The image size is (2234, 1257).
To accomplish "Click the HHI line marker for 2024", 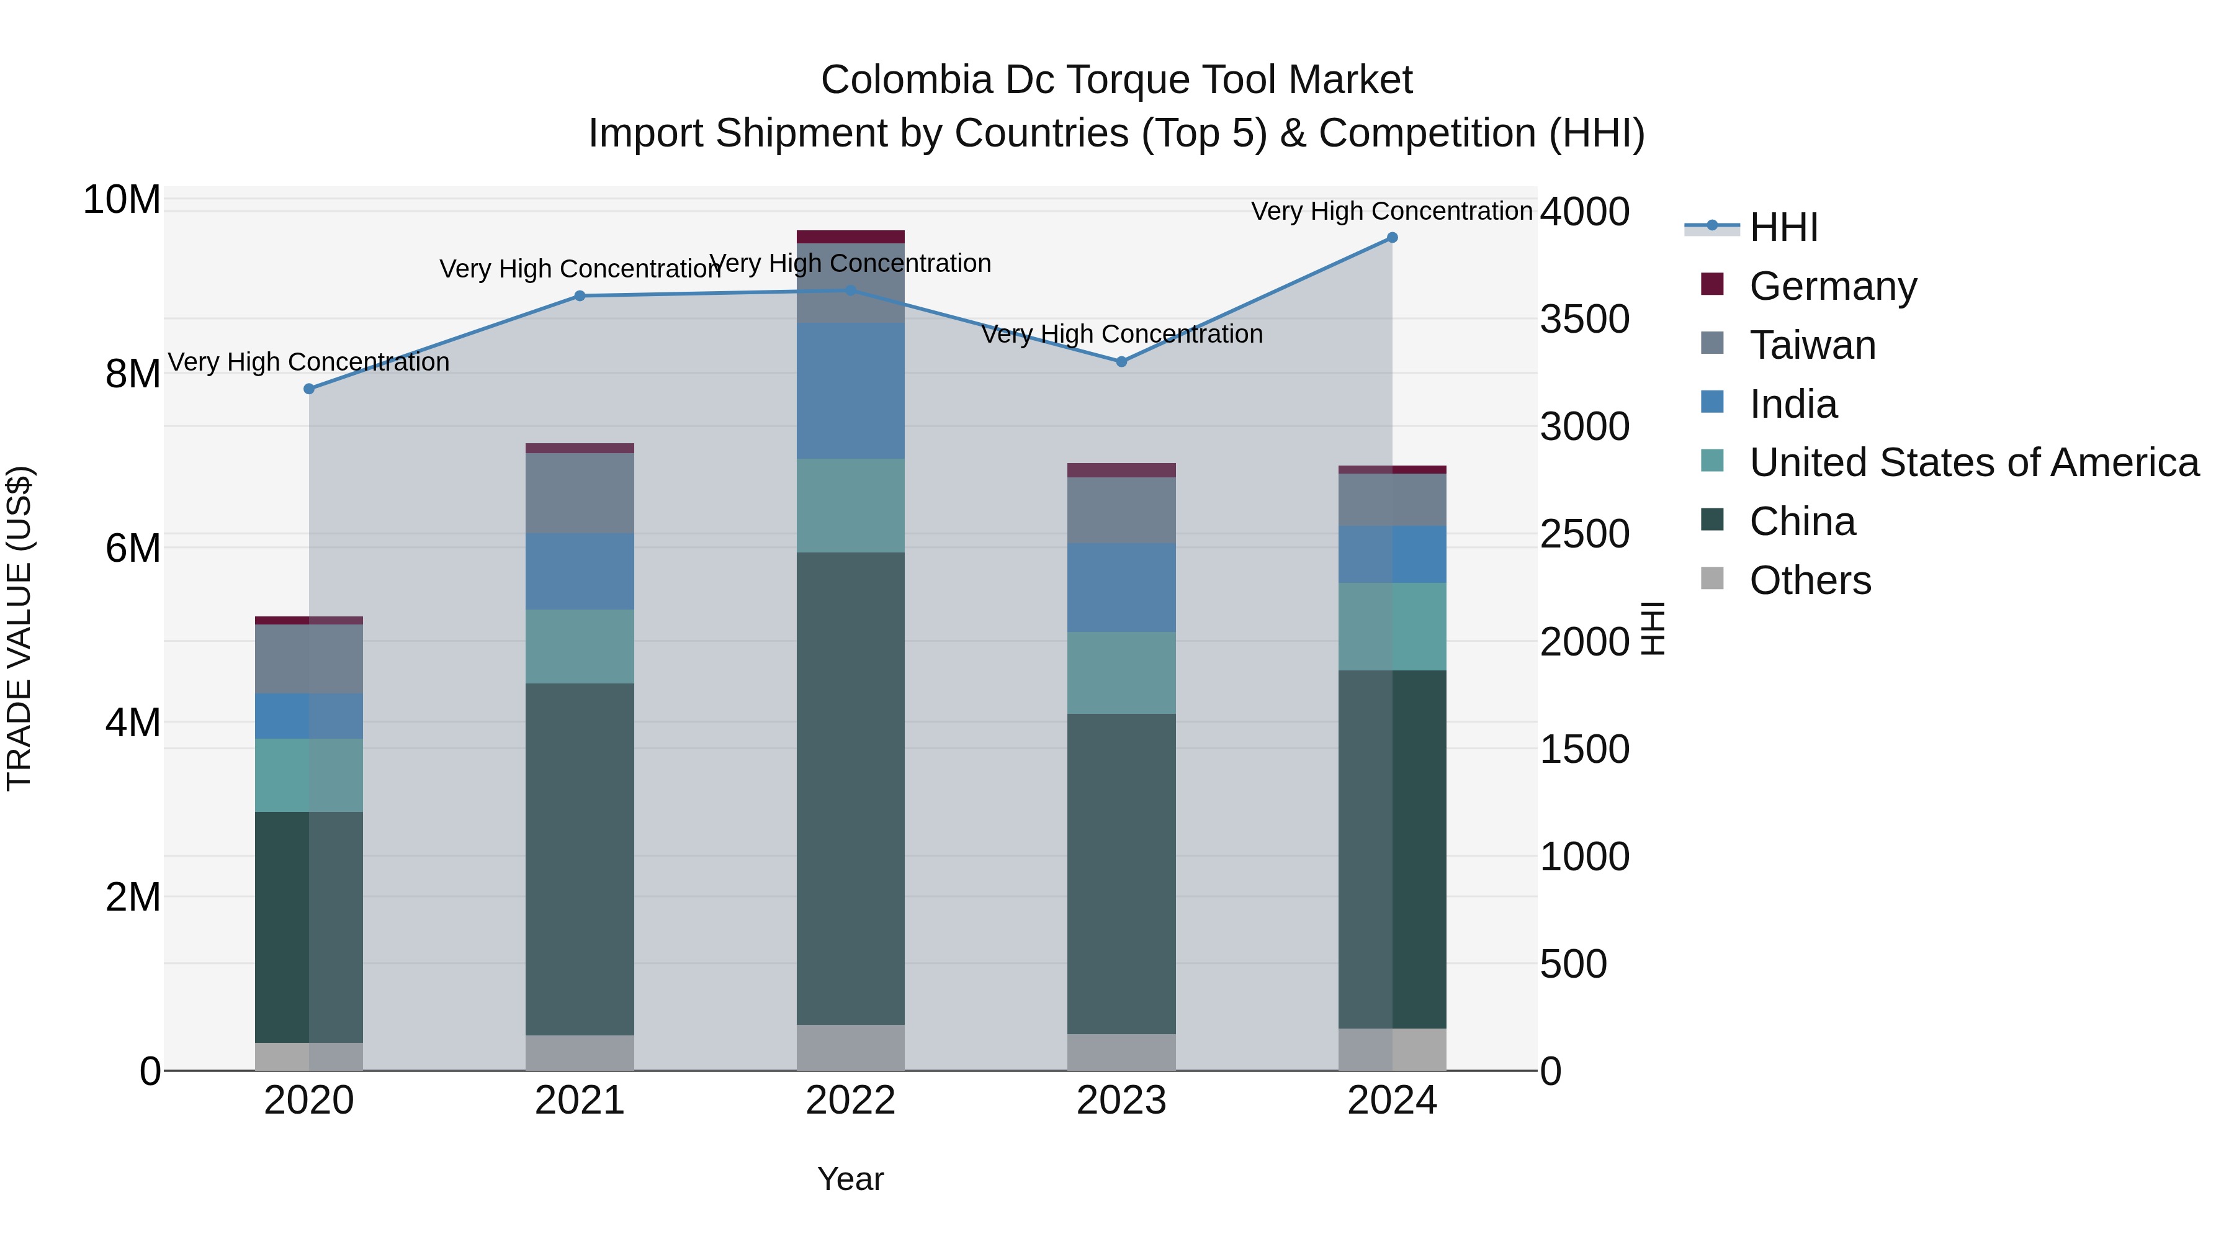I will coord(1392,238).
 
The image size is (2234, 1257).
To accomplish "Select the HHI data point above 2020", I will coord(309,389).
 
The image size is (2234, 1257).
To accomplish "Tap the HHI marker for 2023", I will coord(1121,362).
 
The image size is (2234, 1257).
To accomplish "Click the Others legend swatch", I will coord(1712,579).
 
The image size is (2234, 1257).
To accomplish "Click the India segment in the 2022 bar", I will coord(850,390).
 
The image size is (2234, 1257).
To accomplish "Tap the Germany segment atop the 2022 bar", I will coord(850,237).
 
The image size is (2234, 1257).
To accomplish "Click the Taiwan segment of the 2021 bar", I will coord(580,493).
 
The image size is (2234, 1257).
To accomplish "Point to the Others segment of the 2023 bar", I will coord(1121,1052).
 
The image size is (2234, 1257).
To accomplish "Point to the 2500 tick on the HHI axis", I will coord(1584,534).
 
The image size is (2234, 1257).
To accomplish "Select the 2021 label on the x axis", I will coord(580,1101).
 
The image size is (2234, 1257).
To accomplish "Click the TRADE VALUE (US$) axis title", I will coord(19,628).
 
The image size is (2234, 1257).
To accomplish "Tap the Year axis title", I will coord(850,1179).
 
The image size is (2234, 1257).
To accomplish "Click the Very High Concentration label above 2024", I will coord(1391,211).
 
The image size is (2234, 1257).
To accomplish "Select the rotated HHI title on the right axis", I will coord(1653,628).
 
